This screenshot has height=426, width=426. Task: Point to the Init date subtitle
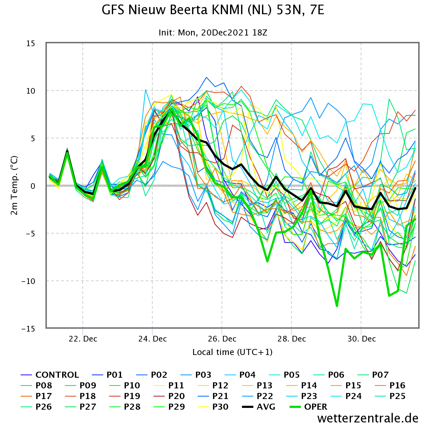pos(213,33)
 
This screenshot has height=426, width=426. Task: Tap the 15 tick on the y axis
pos(31,43)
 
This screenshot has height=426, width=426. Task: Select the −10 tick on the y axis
pos(28,281)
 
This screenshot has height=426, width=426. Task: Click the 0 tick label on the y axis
pos(33,186)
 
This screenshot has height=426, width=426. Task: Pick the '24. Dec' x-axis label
pos(153,339)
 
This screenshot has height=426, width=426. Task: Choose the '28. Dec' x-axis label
pos(291,339)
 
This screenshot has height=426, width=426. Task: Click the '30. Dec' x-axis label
pos(361,339)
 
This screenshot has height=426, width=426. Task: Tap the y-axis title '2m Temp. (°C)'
pos(14,185)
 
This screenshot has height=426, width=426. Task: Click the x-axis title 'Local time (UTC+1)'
pos(232,352)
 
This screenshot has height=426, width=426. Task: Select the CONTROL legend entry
pos(50,375)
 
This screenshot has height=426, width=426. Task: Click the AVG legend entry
pos(259,406)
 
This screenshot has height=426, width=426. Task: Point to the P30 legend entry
pos(213,406)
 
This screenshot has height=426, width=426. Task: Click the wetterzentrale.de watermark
pos(368,418)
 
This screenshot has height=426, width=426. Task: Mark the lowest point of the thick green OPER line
pos(337,306)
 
